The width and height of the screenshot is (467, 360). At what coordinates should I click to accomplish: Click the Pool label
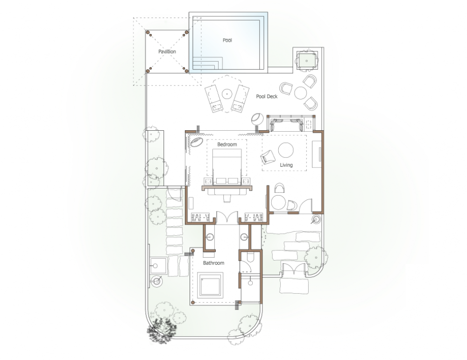pos(227,40)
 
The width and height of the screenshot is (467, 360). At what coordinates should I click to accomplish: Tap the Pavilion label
pos(167,51)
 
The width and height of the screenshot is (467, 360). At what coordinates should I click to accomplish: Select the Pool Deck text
pos(267,97)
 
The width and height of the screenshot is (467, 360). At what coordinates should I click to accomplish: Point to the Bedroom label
pos(227,144)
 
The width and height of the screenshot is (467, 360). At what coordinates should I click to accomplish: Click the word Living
pos(286,165)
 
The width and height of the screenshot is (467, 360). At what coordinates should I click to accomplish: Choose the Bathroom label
pos(213,263)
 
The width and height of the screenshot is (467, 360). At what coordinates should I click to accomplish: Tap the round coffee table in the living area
pos(286,150)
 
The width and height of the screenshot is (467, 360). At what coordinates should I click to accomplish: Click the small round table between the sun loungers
pos(227,94)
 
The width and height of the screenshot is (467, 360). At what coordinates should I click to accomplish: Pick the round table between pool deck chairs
pos(300,93)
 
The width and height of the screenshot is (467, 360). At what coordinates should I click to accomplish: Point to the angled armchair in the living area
pos(268,157)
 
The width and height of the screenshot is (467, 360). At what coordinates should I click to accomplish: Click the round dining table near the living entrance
pos(278,203)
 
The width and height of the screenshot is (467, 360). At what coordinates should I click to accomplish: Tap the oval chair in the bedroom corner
pos(197,142)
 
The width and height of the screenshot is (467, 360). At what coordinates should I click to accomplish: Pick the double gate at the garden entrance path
pos(294,269)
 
